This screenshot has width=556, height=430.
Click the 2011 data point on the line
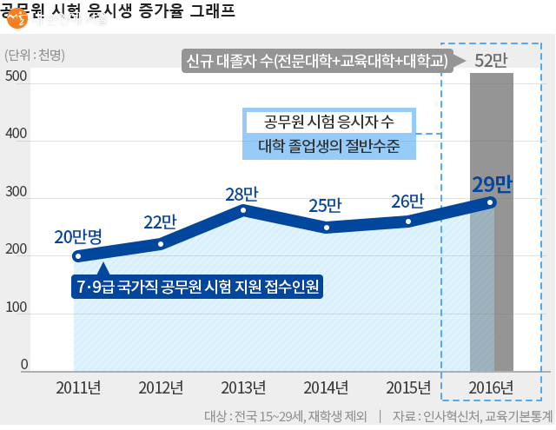(x=77, y=256)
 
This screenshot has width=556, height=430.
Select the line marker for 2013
(x=243, y=210)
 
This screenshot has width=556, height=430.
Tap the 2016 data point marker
(x=491, y=202)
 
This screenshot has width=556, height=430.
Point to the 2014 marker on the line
(x=327, y=228)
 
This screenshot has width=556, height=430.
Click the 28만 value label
(x=242, y=194)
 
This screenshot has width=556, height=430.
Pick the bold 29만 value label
(x=492, y=183)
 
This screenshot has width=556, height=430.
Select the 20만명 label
(x=78, y=236)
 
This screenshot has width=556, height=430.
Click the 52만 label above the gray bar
(x=492, y=60)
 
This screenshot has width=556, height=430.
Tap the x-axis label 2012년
(x=161, y=387)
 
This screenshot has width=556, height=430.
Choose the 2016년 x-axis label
(x=491, y=387)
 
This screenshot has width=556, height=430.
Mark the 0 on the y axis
(x=24, y=365)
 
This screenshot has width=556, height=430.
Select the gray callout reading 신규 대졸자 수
(x=317, y=61)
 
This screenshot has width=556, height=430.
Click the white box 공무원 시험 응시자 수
(x=328, y=121)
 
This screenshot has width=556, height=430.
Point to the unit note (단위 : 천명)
(x=35, y=54)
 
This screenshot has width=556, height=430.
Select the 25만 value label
(x=326, y=206)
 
